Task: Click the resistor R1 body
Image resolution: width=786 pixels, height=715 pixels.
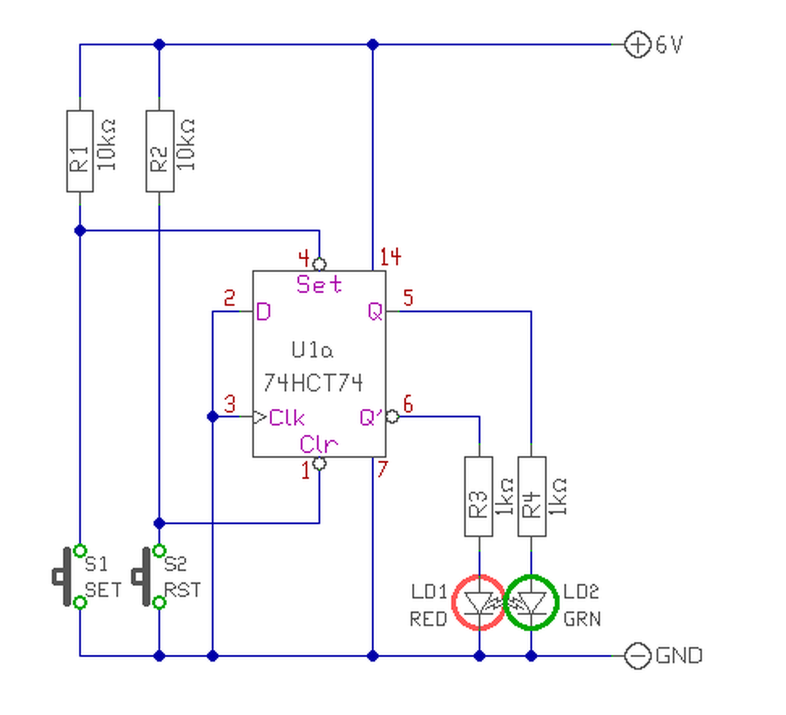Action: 80,151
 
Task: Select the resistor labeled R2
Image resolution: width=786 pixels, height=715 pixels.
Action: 160,151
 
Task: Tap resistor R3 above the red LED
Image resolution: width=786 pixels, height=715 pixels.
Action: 478,496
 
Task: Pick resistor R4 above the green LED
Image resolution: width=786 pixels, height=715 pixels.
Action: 532,496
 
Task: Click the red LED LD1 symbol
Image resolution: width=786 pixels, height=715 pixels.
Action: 478,603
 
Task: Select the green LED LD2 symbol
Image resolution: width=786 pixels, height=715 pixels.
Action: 531,603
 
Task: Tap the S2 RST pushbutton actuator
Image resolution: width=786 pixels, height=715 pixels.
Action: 142,577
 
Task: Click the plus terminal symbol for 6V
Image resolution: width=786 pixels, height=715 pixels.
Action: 637,44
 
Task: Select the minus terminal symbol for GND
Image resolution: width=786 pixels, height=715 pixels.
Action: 637,655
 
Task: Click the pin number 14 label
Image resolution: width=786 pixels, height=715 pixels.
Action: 391,257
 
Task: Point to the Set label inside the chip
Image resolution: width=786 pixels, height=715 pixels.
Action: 319,284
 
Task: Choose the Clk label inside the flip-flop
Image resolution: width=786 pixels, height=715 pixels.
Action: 286,418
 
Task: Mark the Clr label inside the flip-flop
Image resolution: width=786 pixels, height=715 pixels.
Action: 319,445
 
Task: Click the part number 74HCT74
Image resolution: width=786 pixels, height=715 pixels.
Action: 313,383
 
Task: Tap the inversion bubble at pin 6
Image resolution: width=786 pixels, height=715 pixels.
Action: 392,416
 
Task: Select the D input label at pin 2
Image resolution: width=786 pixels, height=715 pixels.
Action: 263,313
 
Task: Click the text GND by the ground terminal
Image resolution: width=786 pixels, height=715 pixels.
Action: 679,656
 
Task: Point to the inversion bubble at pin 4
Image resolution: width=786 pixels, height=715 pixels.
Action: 319,264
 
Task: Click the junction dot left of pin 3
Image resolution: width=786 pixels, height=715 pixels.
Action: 212,416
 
